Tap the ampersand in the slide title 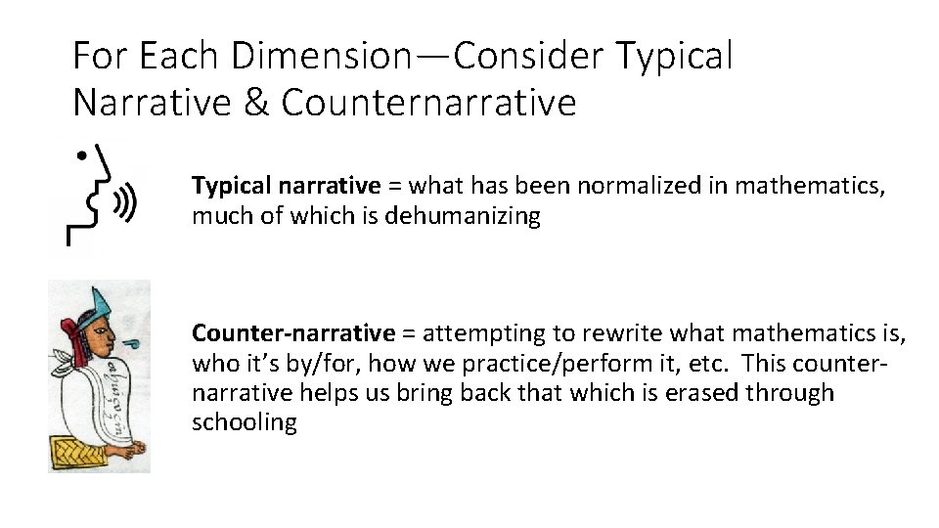[x=249, y=102]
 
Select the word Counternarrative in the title [x=429, y=102]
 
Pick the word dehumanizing [x=463, y=216]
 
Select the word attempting [x=473, y=334]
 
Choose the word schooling [x=245, y=422]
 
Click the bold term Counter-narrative [x=293, y=334]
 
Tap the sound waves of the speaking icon [x=125, y=204]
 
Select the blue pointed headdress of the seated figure [x=101, y=303]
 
